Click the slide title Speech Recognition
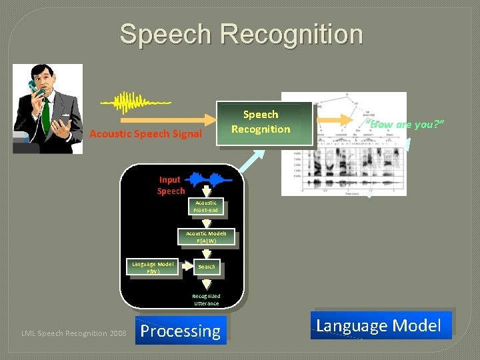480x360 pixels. pos(241,35)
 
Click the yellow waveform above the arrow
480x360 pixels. pos(136,102)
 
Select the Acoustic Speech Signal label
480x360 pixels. pos(145,134)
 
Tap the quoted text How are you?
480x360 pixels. pos(405,124)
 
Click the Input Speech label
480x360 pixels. pos(171,185)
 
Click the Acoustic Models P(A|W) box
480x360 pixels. pos(206,237)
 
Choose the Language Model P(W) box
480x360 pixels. pos(152,268)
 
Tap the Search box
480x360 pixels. pos(207,267)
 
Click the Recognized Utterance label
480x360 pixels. pos(206,299)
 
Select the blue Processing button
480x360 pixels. pos(181,331)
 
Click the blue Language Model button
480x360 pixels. pos(379,325)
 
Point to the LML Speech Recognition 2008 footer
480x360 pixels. pos(74,333)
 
